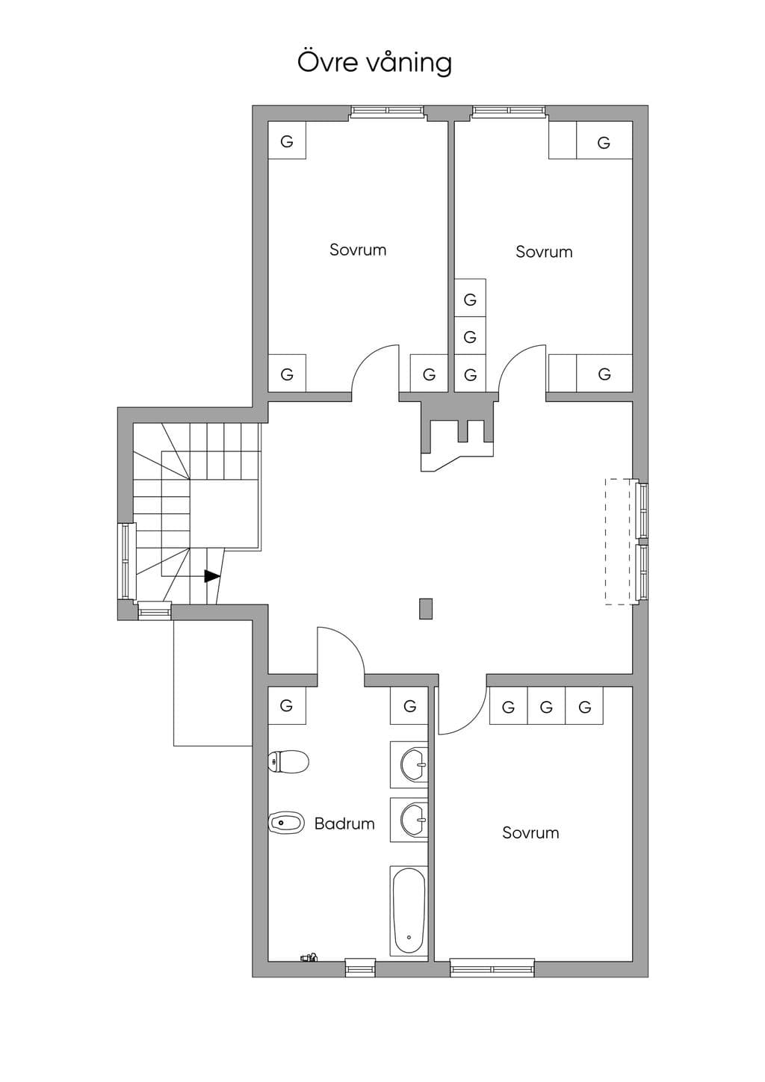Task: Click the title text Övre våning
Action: coord(375,63)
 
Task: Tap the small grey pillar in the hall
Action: coord(426,608)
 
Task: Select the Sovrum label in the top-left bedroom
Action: coord(358,250)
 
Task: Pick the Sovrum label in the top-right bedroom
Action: coord(544,252)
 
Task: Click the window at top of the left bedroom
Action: coord(387,111)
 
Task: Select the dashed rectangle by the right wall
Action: coord(619,542)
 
